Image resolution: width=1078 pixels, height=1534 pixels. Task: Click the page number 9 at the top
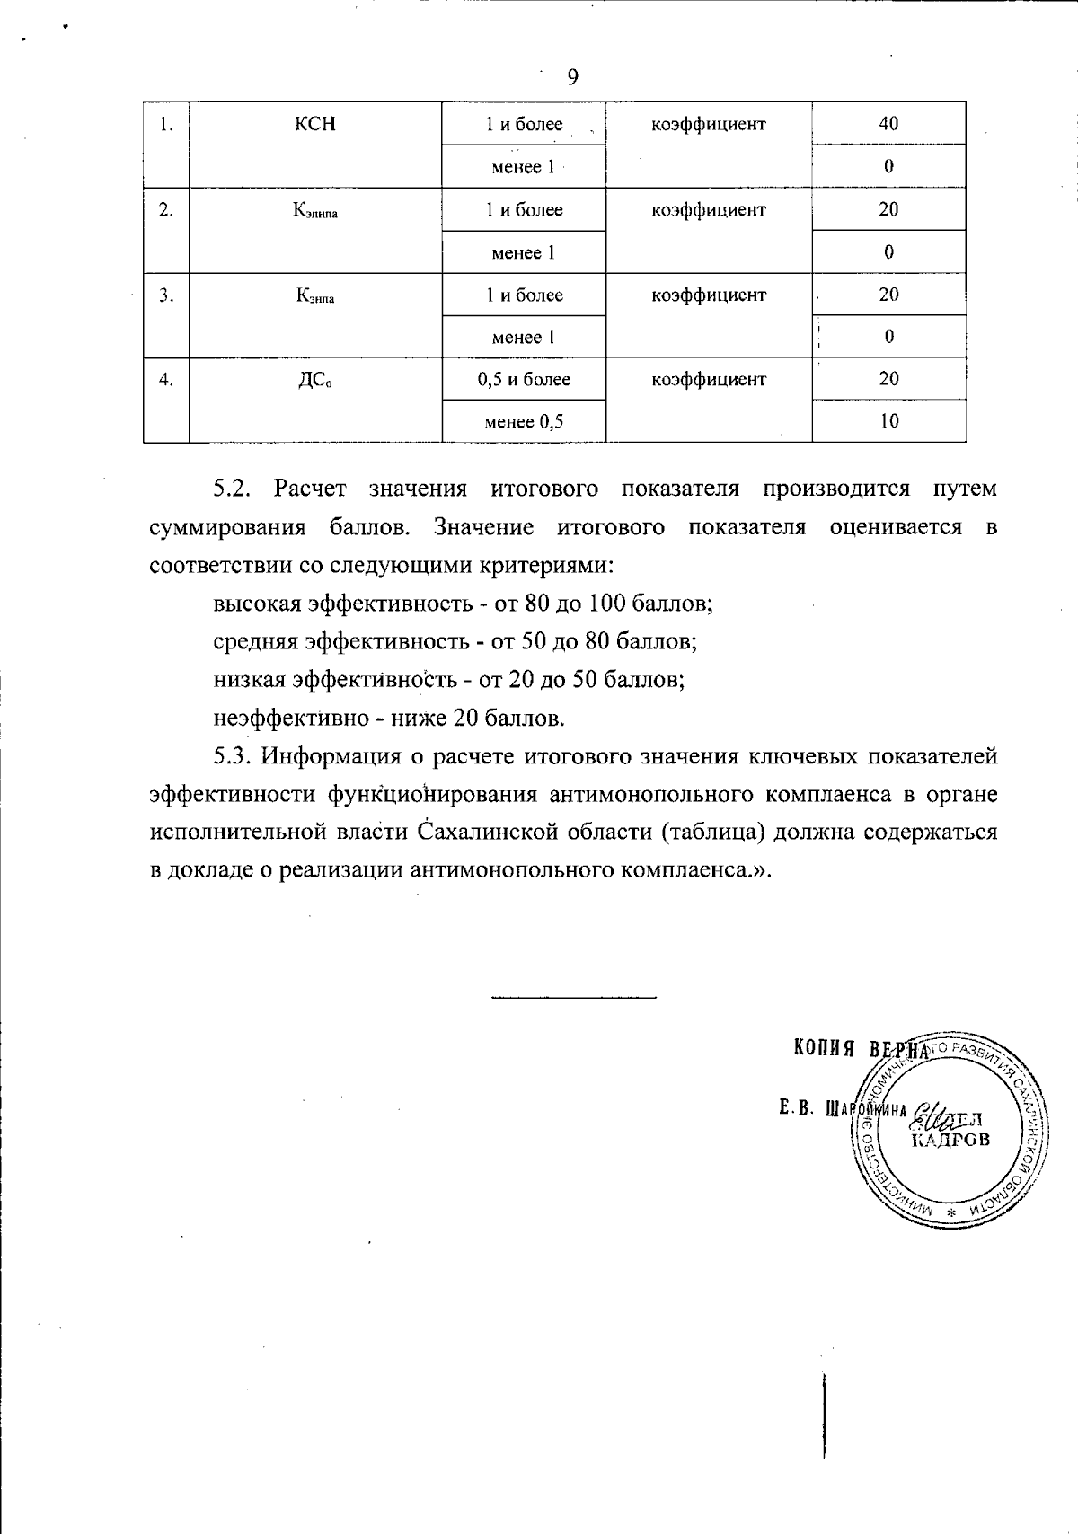(573, 77)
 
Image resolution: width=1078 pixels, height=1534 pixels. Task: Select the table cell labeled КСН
(315, 124)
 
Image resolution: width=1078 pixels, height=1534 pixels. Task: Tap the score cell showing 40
(888, 124)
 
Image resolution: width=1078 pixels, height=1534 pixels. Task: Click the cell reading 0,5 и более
(524, 379)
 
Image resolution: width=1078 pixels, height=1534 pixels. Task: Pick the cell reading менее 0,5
(524, 421)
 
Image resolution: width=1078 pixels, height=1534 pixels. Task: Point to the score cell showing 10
(888, 421)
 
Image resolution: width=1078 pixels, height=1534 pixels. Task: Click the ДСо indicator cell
(315, 380)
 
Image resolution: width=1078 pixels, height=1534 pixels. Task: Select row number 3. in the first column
(166, 295)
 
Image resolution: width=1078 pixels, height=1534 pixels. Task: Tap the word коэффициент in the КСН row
(709, 124)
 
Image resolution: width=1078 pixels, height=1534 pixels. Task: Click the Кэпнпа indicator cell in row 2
(315, 211)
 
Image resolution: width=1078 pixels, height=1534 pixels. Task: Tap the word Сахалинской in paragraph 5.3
(482, 832)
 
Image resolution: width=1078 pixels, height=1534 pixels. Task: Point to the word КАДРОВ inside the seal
(950, 1141)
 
